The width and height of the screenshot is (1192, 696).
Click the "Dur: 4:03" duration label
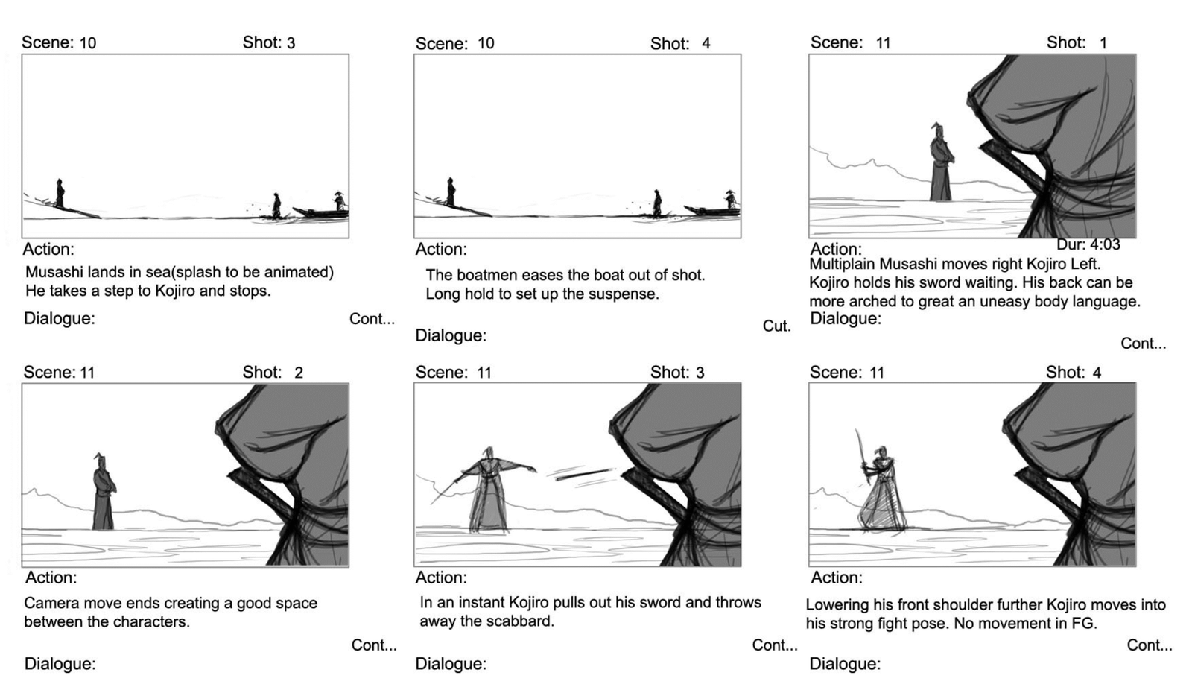tap(1088, 244)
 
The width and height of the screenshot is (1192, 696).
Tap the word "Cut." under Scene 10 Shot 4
tap(776, 326)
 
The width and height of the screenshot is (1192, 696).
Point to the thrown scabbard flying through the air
tap(583, 474)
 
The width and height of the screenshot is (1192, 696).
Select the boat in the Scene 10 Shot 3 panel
tap(320, 213)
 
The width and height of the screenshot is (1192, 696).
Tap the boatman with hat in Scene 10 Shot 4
tap(731, 200)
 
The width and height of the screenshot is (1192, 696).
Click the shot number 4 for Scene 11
tap(1097, 373)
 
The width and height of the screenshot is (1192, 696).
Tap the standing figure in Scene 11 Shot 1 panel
tap(941, 162)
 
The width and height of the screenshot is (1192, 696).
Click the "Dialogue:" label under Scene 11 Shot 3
tap(451, 664)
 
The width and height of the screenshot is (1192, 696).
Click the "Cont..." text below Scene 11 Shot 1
tap(1143, 344)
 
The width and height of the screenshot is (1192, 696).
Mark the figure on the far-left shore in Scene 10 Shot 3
tap(60, 193)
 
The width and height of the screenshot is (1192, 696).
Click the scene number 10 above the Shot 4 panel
tap(485, 43)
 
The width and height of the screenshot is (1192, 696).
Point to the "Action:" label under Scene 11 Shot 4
tap(837, 578)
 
